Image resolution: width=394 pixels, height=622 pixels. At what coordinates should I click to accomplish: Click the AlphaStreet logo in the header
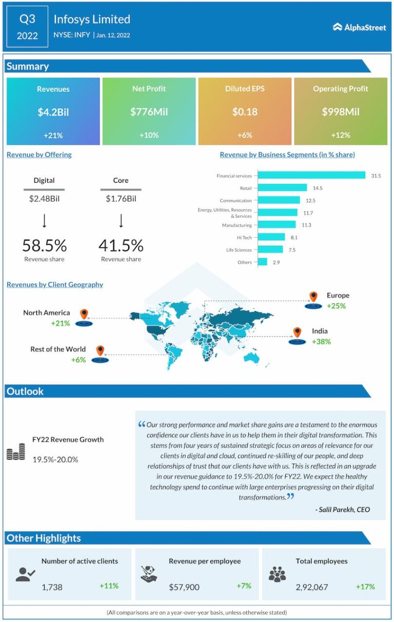coord(359,27)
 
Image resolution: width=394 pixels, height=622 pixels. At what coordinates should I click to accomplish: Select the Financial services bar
coord(311,176)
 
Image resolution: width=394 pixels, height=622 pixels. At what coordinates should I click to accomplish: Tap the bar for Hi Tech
coord(271,237)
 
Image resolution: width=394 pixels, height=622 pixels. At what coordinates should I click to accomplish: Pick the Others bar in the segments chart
coord(262,262)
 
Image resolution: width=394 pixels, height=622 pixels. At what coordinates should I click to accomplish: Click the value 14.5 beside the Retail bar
coord(318,188)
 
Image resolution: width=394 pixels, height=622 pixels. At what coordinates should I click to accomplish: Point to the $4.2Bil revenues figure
coord(53,112)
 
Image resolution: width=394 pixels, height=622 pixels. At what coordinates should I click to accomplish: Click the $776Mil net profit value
coord(149,112)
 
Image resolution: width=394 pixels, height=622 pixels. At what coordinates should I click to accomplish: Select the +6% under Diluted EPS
coord(245,135)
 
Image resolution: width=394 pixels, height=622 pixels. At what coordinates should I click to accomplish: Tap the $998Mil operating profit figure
coord(341,112)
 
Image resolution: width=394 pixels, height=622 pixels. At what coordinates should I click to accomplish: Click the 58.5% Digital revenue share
coord(44,245)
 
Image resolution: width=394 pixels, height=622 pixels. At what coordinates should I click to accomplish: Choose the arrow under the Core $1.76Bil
coord(121,220)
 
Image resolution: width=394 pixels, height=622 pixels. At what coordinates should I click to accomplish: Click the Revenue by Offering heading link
coord(39,154)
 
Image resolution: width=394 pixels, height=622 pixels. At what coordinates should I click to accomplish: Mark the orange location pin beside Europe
coord(313,297)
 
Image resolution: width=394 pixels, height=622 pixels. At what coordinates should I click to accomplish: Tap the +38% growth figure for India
coord(321,341)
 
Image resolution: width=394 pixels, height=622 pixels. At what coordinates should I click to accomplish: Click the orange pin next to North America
coord(84,314)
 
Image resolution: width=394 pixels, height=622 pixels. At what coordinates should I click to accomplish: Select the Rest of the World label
coord(58,349)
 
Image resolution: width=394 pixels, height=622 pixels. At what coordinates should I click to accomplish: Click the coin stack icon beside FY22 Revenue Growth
coord(16,451)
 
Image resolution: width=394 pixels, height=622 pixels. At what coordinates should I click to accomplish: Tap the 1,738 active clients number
coord(52,587)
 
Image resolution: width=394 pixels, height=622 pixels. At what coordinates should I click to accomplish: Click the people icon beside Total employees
coord(277,574)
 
